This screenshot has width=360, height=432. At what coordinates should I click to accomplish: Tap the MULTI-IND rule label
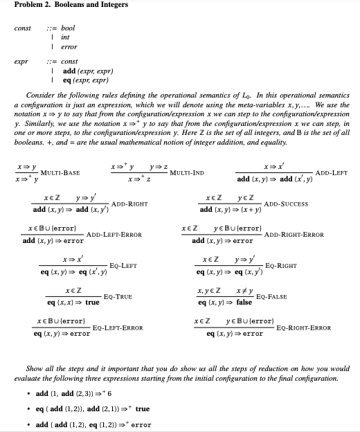click(187, 172)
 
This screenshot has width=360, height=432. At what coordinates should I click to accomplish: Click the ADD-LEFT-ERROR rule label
click(114, 235)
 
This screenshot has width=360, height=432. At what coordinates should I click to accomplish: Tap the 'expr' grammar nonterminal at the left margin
click(20, 61)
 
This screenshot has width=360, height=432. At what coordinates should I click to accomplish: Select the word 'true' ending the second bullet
click(143, 408)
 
